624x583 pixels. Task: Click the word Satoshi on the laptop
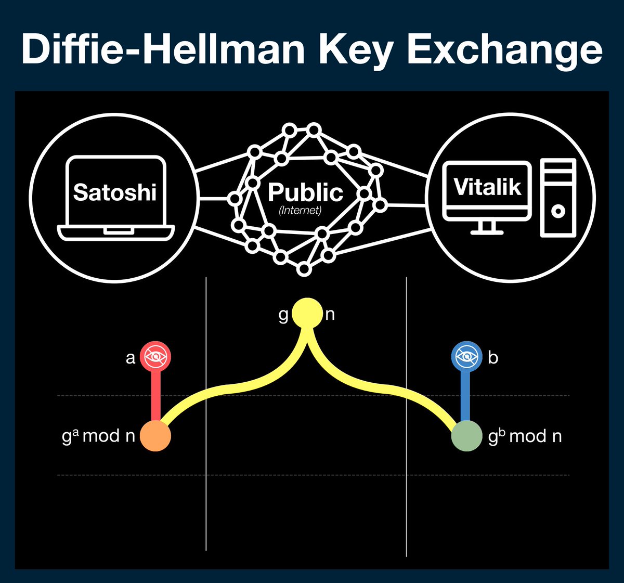point(115,192)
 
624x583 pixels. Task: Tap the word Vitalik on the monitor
point(487,187)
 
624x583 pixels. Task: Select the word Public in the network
point(305,192)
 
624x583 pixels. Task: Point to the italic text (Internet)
point(300,211)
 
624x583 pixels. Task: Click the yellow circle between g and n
point(307,314)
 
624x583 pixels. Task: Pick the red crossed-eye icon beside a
point(155,357)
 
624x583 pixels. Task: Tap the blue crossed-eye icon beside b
point(466,357)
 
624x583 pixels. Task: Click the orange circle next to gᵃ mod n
point(155,436)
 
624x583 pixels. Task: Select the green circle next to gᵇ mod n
point(466,436)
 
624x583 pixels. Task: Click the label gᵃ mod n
point(98,436)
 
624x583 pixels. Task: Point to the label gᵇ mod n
point(525,436)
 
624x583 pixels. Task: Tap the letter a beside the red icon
point(131,358)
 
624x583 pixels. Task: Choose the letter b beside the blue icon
point(493,357)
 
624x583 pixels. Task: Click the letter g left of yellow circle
point(283,315)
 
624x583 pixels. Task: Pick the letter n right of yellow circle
point(330,314)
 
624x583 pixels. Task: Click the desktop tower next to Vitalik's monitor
point(558,198)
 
